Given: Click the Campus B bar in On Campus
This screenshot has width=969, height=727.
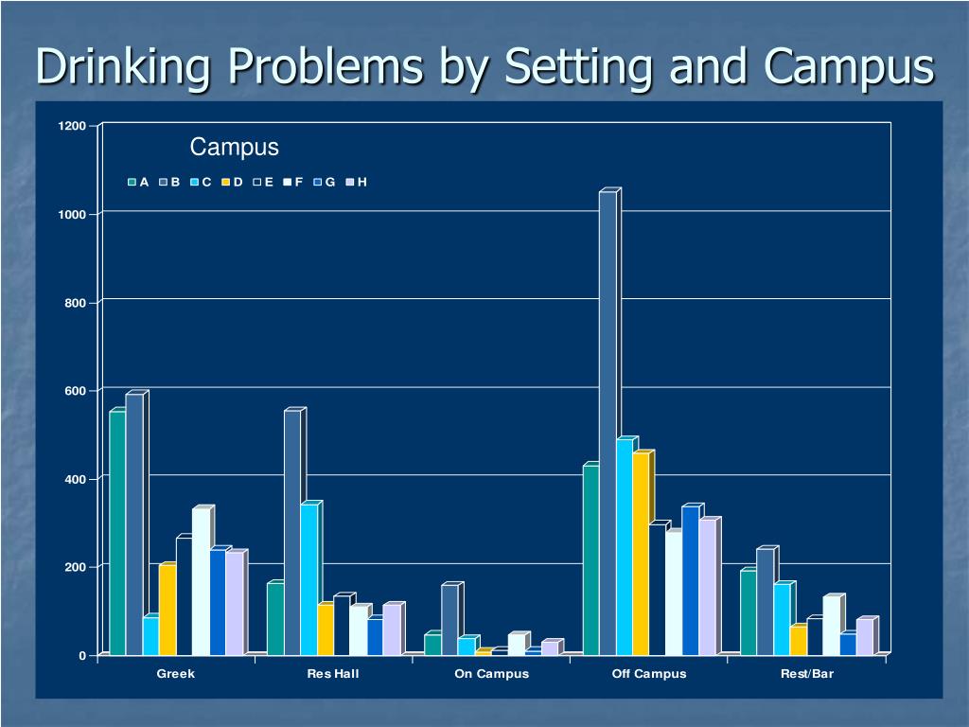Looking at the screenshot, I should click(449, 620).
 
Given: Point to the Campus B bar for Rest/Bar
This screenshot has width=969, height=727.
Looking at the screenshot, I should click(765, 602).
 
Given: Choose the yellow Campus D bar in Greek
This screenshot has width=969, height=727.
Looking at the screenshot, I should click(167, 611).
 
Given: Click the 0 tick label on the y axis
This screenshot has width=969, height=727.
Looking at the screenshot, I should click(83, 655).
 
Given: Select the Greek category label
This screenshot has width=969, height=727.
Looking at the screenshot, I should click(176, 674).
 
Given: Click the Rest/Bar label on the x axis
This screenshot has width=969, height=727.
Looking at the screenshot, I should click(808, 674).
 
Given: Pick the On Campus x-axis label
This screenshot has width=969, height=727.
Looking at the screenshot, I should click(491, 674).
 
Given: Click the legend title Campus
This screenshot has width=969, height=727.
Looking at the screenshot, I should click(234, 148).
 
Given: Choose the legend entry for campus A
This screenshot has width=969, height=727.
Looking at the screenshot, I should click(139, 182).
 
